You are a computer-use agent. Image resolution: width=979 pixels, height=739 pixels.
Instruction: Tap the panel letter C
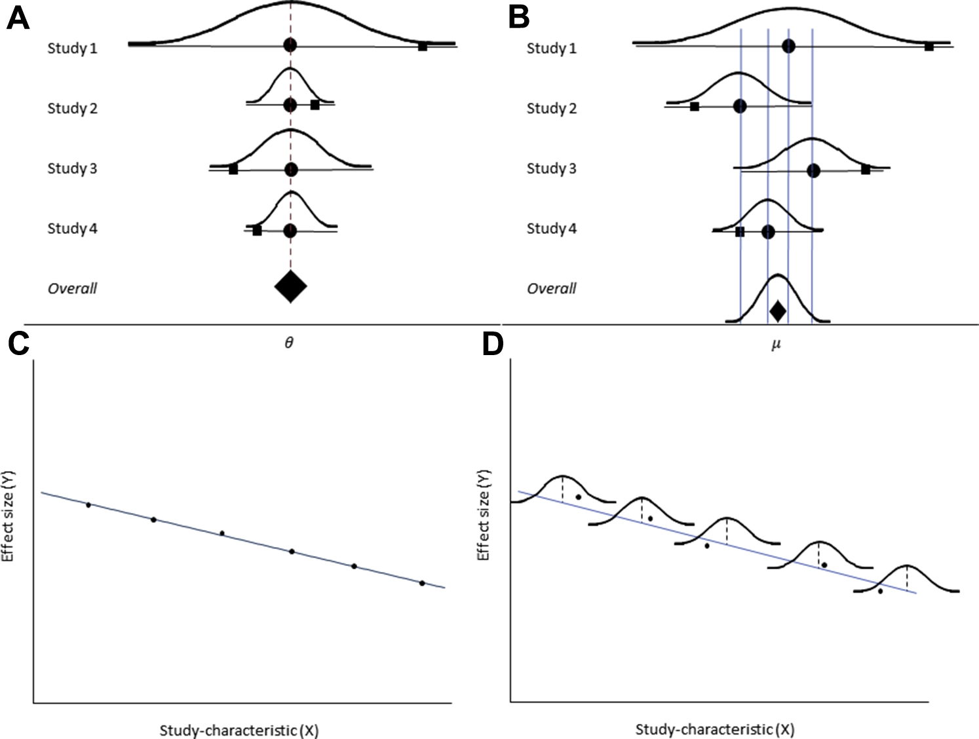18,343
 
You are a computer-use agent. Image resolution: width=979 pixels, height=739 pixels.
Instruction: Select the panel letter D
493,343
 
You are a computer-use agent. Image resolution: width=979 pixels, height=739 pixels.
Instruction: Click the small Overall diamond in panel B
777,311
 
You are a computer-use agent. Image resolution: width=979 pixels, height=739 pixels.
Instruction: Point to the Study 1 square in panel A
423,46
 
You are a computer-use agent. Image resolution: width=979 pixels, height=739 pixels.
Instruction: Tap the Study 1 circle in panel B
788,46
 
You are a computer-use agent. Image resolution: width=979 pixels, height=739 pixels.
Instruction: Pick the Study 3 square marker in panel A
233,169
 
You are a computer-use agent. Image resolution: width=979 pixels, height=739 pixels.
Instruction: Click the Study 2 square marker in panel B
695,107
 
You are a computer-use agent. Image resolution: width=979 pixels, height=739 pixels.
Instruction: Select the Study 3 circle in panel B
813,170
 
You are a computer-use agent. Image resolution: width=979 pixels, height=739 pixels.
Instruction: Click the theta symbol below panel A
289,343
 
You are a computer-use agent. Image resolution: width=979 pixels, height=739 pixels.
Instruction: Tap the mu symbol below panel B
776,343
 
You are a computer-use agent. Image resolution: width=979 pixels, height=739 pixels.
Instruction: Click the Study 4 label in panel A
72,229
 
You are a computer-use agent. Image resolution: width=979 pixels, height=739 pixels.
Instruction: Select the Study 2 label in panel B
552,108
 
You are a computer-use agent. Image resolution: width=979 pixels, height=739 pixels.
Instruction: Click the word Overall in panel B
552,288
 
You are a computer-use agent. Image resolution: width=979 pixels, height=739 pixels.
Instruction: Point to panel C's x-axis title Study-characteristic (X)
239,730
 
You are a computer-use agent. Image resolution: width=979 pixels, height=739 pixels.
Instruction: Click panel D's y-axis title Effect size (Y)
484,514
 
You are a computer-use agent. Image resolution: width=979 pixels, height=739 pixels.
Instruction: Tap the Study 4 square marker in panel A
257,231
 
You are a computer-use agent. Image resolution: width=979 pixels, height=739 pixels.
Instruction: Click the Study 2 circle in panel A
291,105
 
